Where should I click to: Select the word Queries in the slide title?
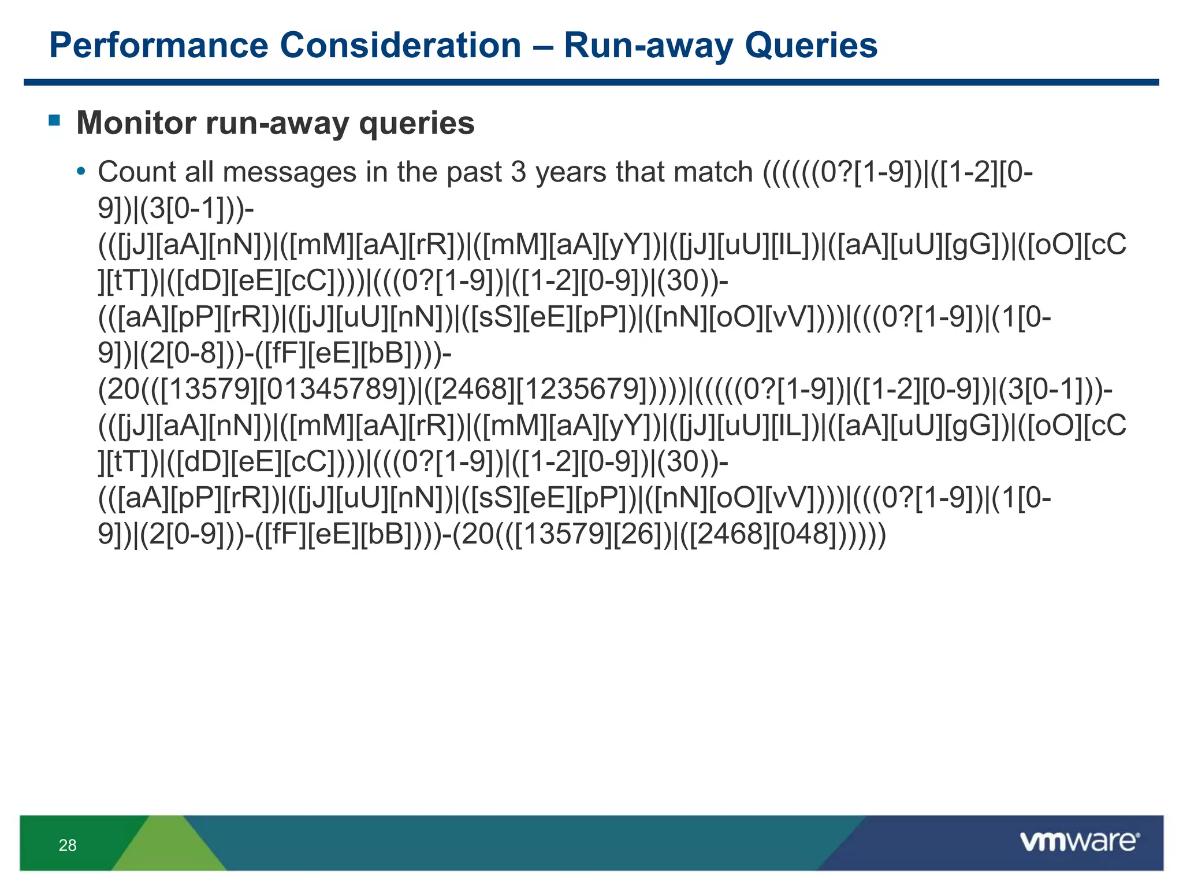coord(810,45)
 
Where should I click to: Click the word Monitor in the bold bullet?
coord(136,123)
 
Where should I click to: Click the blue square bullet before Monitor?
coord(55,120)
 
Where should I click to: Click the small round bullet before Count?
coord(81,172)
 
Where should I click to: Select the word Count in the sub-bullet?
coord(137,172)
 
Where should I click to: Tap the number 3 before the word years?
coord(518,172)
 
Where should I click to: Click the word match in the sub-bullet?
coord(713,172)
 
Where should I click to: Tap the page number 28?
coord(68,845)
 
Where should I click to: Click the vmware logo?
coord(1079,841)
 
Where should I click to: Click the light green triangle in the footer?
coord(168,847)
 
